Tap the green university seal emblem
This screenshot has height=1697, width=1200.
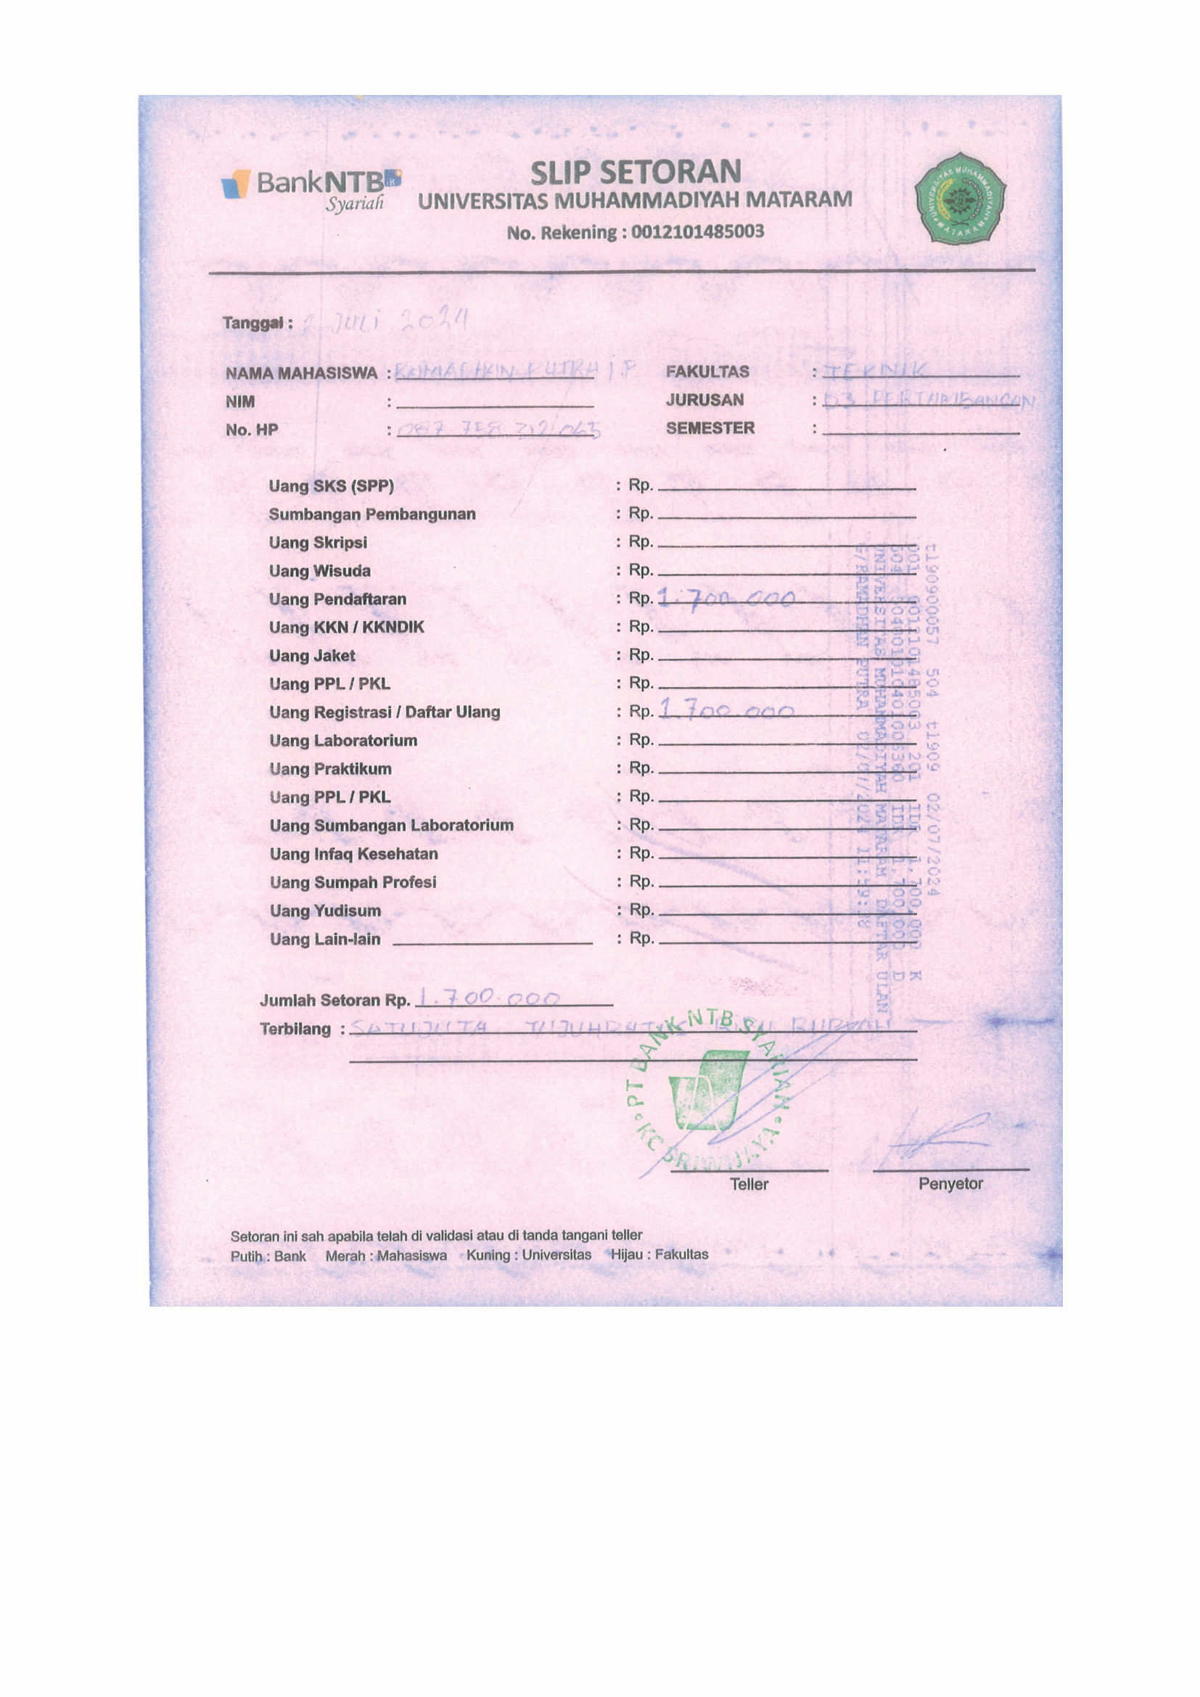(959, 198)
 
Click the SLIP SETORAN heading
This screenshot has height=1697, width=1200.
(636, 172)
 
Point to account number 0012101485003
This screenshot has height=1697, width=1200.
(696, 232)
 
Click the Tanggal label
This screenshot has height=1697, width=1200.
(257, 323)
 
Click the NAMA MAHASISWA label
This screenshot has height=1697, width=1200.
(302, 373)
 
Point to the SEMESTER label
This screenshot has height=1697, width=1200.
(710, 428)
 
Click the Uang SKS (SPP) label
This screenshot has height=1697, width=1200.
(331, 486)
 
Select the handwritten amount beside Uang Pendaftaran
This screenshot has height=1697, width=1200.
(726, 598)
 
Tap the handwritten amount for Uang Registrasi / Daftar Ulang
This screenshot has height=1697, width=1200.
(726, 711)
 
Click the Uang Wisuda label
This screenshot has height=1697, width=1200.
(319, 571)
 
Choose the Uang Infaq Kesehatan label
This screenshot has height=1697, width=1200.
(353, 855)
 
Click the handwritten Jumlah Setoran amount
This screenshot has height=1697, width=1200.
(489, 998)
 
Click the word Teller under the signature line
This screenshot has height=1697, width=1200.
(749, 1184)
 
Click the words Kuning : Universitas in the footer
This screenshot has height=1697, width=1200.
(528, 1255)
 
